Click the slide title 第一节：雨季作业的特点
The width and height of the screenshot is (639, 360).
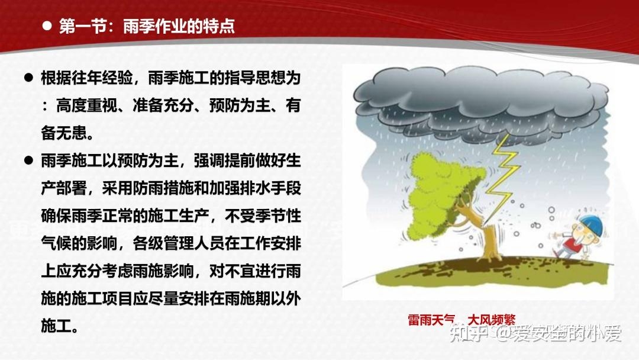pos(147,27)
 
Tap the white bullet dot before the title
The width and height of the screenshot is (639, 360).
pos(47,27)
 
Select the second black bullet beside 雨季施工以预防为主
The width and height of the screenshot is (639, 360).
pos(27,160)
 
